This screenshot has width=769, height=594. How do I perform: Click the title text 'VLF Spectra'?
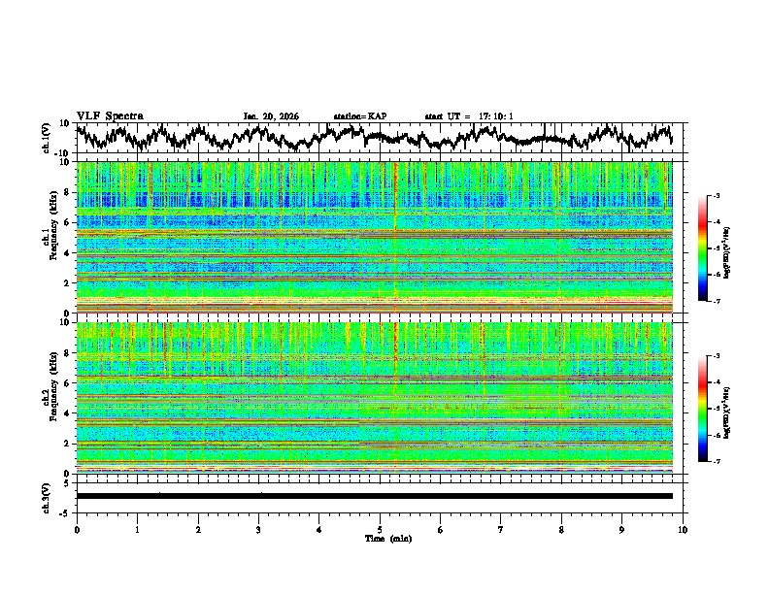click(110, 115)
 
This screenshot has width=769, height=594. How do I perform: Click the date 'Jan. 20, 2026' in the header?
click(271, 116)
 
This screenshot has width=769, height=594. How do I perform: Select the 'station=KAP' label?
click(359, 116)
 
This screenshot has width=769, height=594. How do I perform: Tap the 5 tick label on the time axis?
click(380, 529)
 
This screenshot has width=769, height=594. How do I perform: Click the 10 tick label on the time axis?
click(683, 529)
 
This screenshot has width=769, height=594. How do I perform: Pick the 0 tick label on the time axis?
click(77, 529)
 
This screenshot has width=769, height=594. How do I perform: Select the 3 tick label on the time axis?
click(258, 529)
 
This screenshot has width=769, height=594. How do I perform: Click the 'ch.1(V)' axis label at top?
click(47, 138)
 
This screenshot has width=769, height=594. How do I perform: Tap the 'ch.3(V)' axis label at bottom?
click(47, 495)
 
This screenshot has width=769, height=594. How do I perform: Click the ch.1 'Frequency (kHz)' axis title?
click(50, 233)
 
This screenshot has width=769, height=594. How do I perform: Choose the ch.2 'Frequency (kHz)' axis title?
click(50, 393)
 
